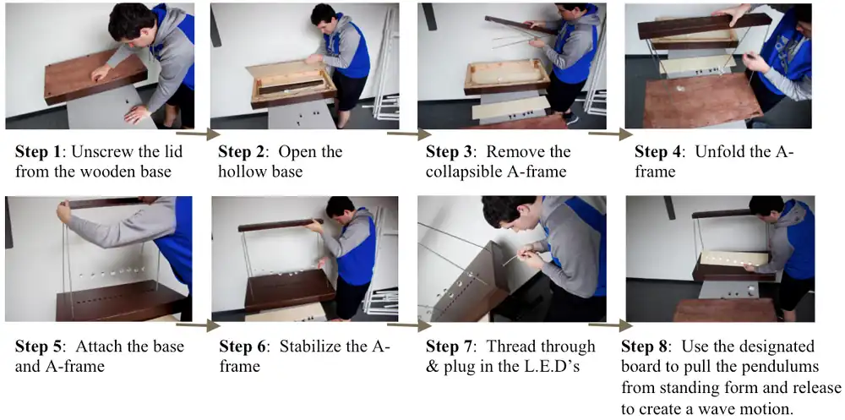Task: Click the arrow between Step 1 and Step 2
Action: [x=198, y=134]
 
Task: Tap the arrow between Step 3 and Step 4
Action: [x=611, y=134]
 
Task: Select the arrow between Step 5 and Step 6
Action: [x=198, y=325]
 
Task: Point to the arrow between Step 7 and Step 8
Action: [x=611, y=325]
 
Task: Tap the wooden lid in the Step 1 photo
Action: [x=95, y=76]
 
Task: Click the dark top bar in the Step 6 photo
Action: [x=281, y=225]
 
